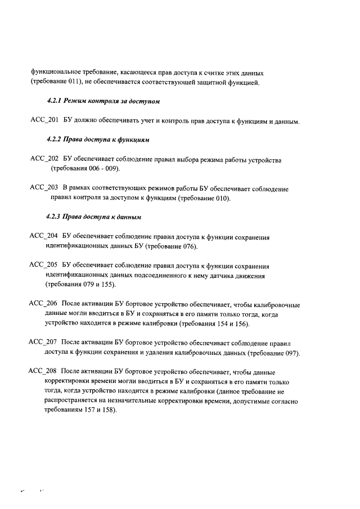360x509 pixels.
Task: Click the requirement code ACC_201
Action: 44,121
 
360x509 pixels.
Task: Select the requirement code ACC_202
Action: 44,160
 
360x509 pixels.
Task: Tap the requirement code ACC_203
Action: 44,189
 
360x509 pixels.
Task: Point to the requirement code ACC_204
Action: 44,237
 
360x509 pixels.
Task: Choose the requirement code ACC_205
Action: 44,266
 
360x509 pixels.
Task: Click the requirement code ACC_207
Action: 43,343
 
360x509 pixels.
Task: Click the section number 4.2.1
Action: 55,102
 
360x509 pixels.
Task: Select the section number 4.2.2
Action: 55,139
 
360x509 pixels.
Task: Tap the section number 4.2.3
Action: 55,217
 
